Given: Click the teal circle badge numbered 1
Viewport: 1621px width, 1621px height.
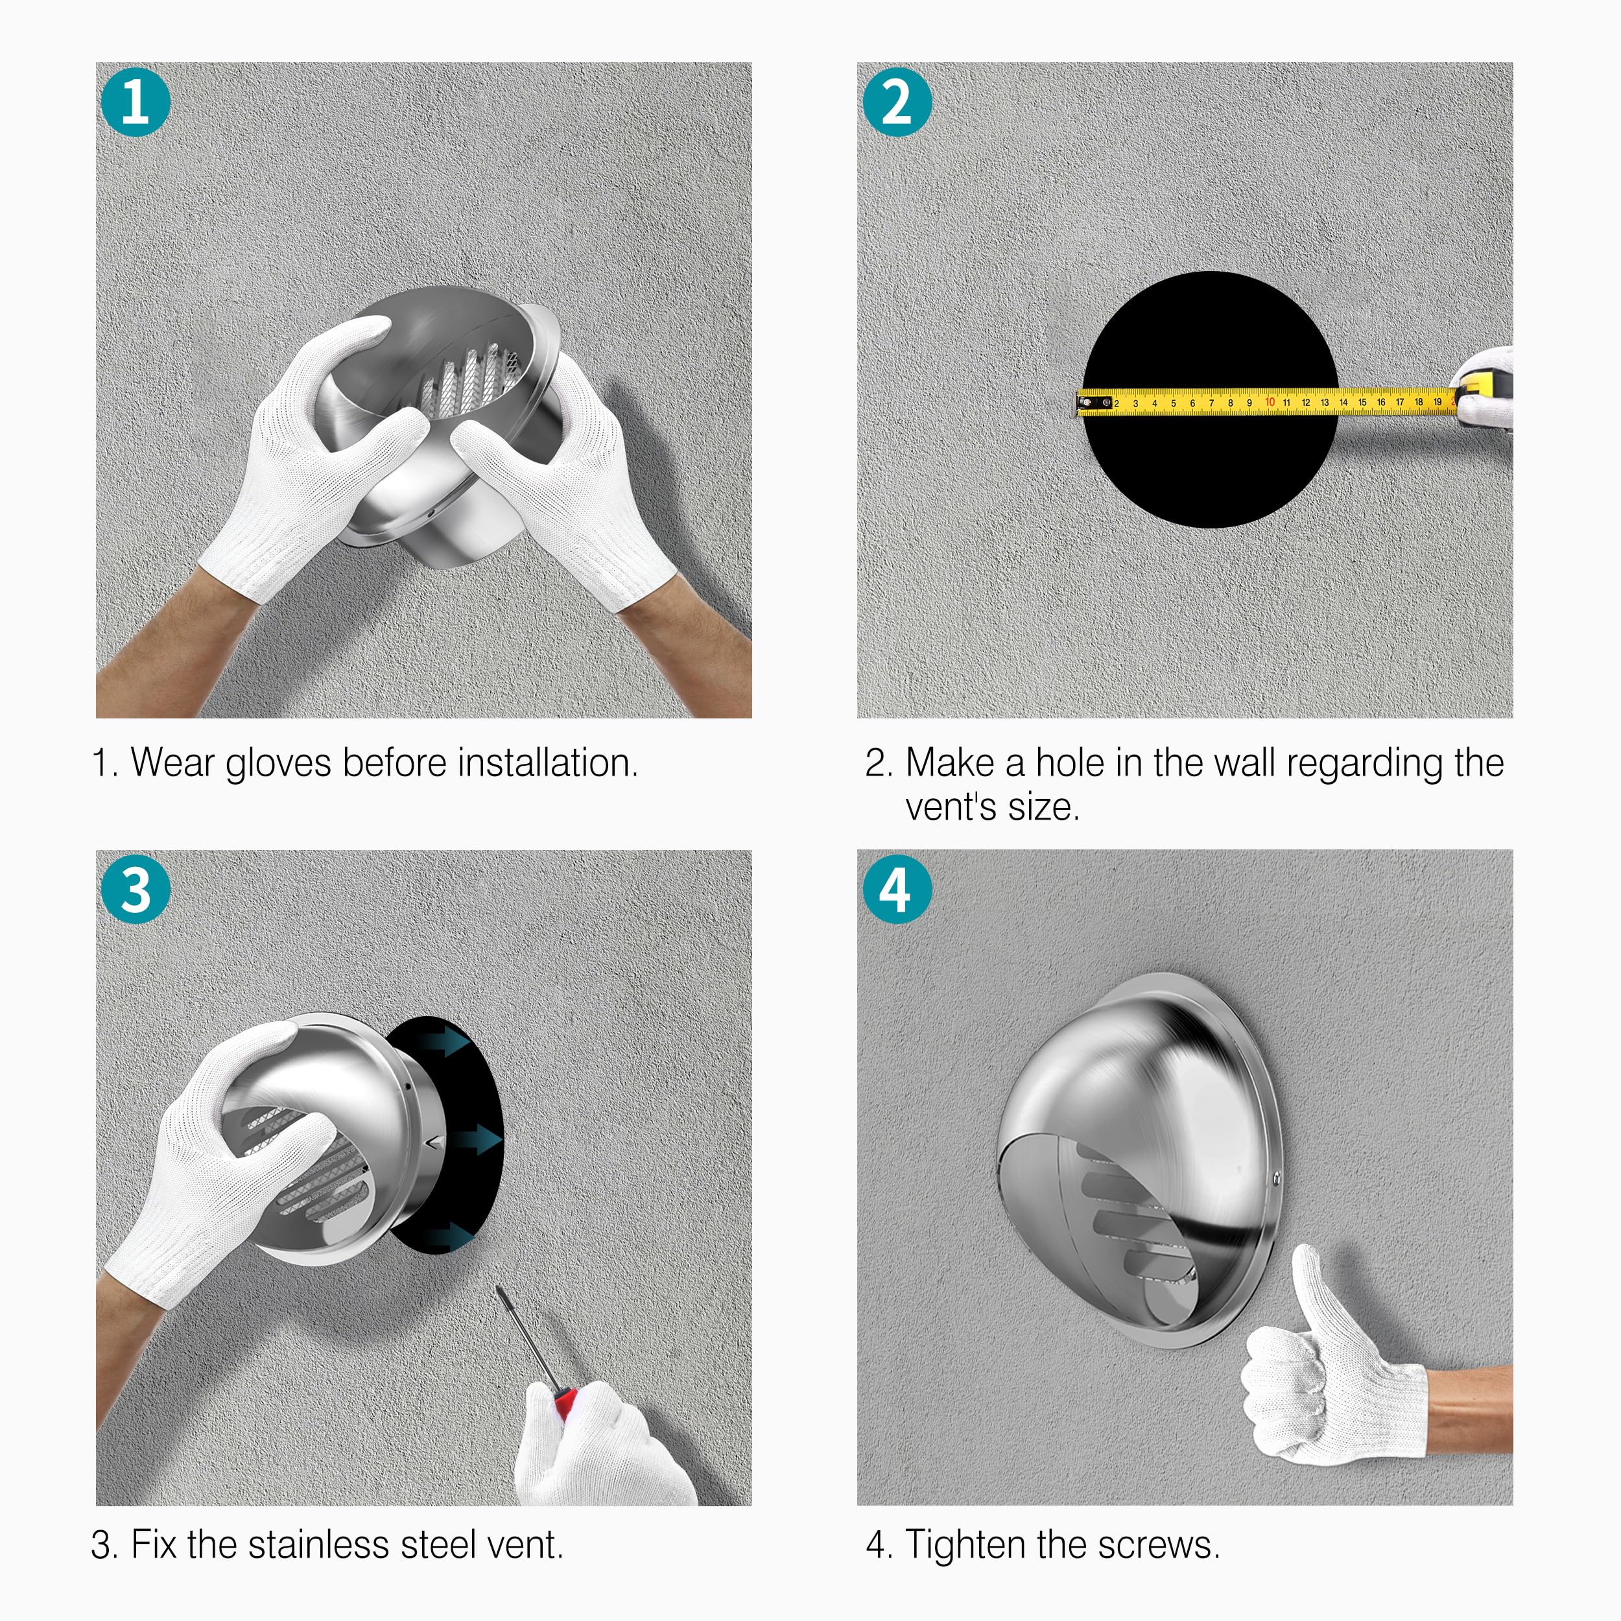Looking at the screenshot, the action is pos(135,102).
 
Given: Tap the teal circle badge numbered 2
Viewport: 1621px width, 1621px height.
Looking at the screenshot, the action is pos(897,102).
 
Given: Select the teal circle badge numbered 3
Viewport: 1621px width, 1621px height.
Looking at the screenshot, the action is pos(135,890).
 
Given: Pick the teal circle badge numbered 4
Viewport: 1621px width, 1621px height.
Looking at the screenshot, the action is pos(897,890).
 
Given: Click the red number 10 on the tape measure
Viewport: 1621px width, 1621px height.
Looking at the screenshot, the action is pos(1270,402).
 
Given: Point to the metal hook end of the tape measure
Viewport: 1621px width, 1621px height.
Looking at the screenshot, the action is pos(1087,405).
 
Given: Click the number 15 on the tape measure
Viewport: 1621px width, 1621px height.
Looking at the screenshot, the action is pos(1362,402).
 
